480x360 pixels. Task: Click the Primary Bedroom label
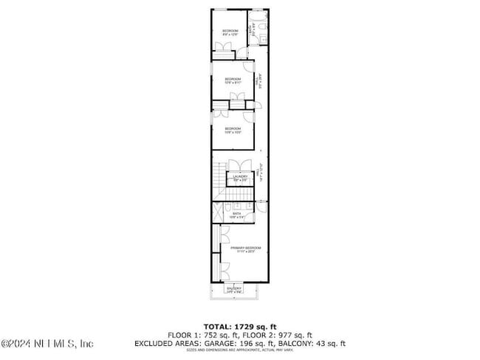click(x=245, y=249)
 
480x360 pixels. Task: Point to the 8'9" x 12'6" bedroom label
click(x=230, y=31)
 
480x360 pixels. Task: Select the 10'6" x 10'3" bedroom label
click(x=233, y=131)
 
